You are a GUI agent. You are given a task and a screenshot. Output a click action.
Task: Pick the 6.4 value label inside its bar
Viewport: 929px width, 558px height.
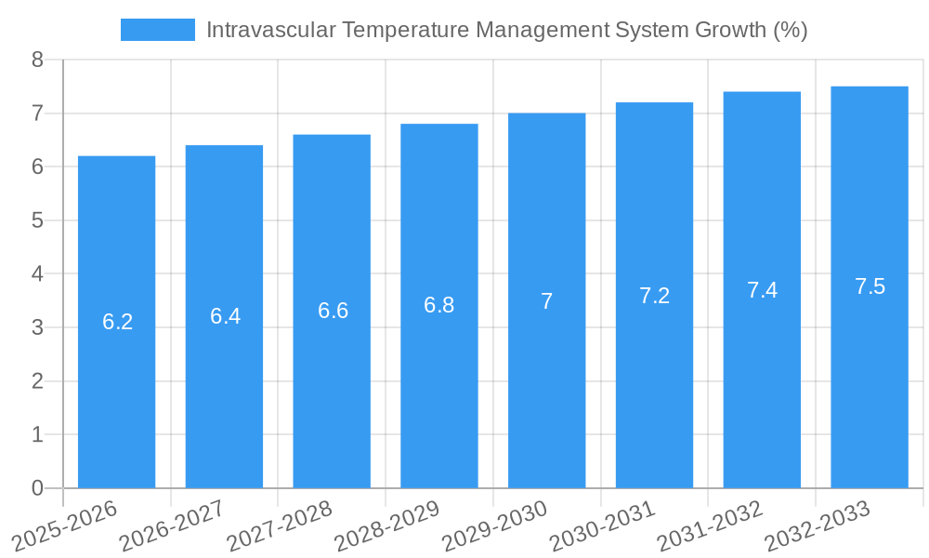click(225, 316)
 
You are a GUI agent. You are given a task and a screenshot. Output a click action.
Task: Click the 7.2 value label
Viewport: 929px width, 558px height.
click(654, 296)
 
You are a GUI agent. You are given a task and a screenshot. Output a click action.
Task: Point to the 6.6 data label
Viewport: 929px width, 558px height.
click(333, 311)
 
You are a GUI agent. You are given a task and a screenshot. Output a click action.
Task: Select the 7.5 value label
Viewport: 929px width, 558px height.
click(870, 286)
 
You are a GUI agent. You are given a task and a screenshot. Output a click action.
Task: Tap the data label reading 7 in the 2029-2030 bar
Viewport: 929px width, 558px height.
click(546, 301)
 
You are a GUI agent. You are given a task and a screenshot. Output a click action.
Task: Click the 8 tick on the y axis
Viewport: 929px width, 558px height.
click(37, 60)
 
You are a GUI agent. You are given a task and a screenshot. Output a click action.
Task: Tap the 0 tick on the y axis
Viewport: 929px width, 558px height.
click(37, 488)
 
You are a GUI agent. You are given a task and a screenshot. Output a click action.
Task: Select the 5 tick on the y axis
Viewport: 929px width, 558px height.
click(37, 220)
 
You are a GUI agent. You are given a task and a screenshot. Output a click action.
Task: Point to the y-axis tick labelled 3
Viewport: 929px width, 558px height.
click(37, 327)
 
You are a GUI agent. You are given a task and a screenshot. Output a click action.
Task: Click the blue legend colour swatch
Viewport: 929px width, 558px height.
click(157, 30)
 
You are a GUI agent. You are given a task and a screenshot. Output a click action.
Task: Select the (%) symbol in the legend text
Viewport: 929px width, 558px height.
click(791, 30)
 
